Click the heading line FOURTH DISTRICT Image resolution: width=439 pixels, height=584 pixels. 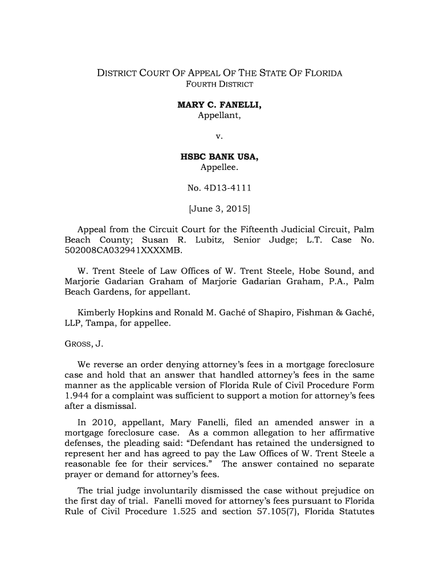tap(219, 85)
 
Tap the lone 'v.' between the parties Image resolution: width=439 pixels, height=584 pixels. tap(219, 136)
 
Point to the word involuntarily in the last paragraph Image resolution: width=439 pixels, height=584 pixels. tap(155, 486)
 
